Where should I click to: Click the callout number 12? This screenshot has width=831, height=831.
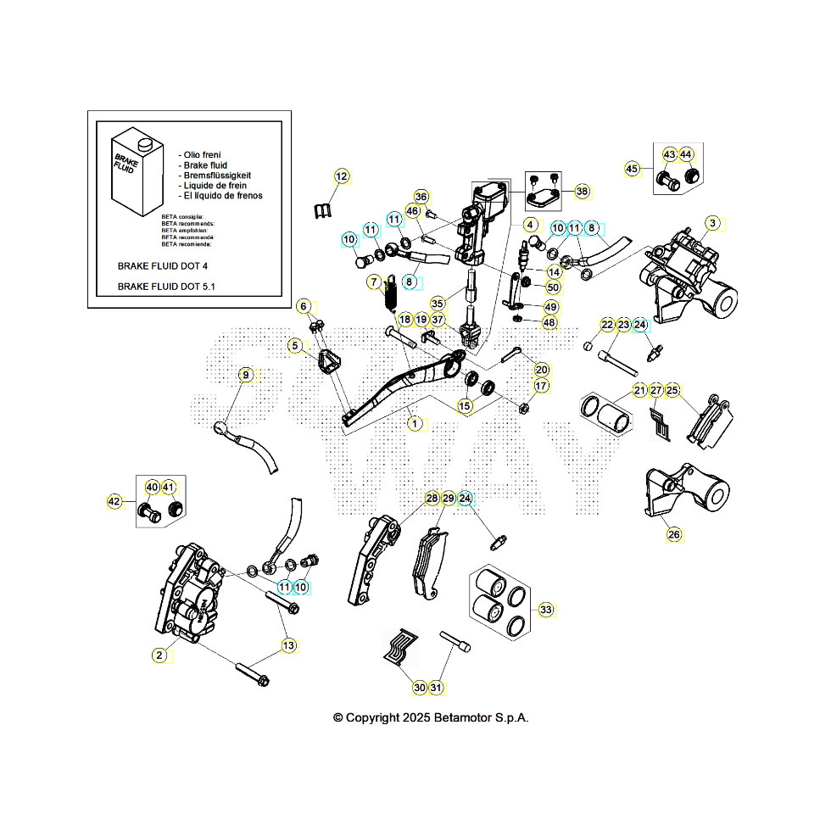pos(342,176)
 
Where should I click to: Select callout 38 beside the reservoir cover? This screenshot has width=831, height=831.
pos(582,192)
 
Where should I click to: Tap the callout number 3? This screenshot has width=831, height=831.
pos(713,223)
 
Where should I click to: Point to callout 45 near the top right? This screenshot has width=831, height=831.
pos(632,169)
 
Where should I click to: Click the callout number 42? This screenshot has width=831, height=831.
pos(114,502)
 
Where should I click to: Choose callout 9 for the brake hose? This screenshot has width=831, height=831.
pos(246,375)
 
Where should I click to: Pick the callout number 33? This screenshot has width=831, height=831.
pos(546,610)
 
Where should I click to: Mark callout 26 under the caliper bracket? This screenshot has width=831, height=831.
pos(674,534)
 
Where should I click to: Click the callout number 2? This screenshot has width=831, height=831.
pos(159,655)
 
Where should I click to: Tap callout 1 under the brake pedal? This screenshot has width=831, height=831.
pos(415,421)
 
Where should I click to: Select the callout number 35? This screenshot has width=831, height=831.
pos(438,303)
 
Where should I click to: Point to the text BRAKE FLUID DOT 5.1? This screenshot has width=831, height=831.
pos(166,287)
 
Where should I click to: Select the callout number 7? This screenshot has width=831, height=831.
pos(374,282)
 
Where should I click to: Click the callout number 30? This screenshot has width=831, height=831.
pos(420,687)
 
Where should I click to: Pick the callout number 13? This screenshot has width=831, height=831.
pos(289,645)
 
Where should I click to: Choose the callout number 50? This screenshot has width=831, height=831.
pos(553,287)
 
